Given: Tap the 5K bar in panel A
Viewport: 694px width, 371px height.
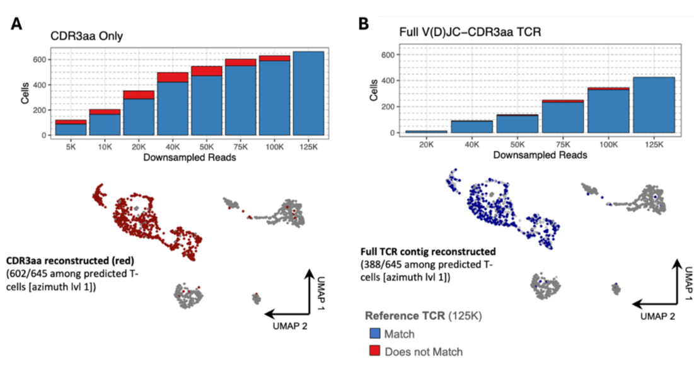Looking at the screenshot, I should (x=71, y=128).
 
